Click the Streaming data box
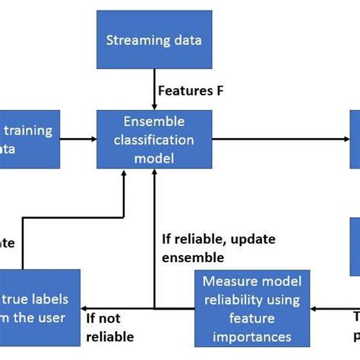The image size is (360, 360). pos(154,40)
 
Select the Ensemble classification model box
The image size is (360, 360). pos(154,139)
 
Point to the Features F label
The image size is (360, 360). pos(190,90)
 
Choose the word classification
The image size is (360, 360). pos(154,140)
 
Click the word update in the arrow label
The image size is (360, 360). pos(251,240)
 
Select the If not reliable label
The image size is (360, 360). pos(109,327)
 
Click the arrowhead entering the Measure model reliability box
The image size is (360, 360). pos(314,308)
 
